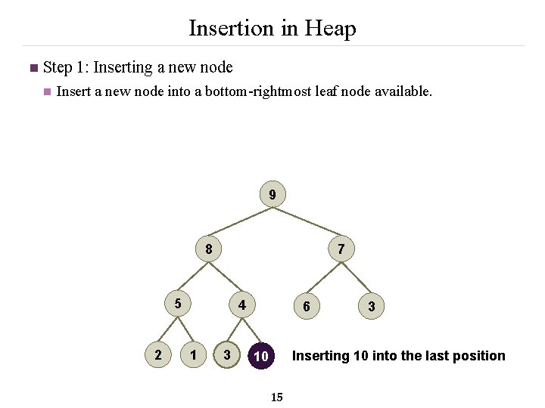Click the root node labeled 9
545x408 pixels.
272,195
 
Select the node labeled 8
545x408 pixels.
208,249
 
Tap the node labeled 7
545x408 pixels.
341,249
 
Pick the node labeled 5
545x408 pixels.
178,304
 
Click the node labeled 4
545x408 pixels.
241,305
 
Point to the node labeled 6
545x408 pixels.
306,306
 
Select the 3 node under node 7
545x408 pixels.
371,306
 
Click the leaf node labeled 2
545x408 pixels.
157,354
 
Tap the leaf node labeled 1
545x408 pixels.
195,354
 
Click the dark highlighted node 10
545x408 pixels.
261,356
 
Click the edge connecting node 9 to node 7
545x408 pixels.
307,223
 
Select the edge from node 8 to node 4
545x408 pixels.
226,277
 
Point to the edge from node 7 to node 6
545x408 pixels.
323,277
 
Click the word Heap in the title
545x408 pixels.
329,29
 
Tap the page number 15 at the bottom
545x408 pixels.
276,397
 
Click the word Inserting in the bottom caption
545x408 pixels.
321,356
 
